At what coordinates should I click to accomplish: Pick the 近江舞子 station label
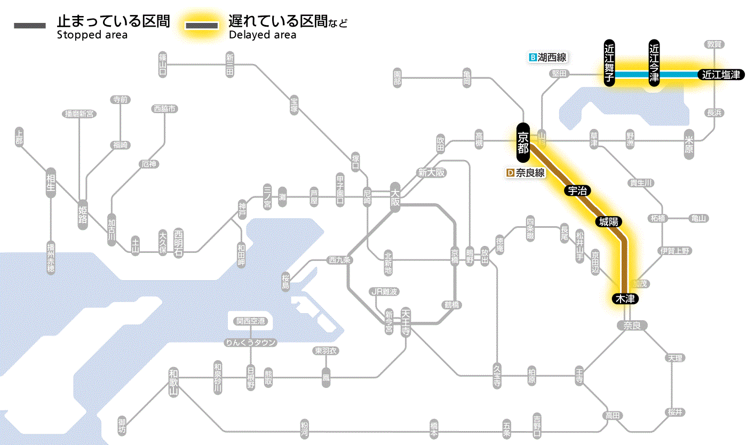(609, 62)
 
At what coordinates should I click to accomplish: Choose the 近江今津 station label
(654, 62)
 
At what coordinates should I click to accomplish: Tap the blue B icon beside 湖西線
(532, 57)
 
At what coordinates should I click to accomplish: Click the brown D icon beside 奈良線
(510, 173)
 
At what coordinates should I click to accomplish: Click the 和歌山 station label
(173, 381)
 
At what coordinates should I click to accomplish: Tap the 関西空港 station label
(250, 321)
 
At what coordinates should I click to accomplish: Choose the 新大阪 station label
(432, 173)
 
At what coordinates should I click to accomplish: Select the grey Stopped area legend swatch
(29, 26)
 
